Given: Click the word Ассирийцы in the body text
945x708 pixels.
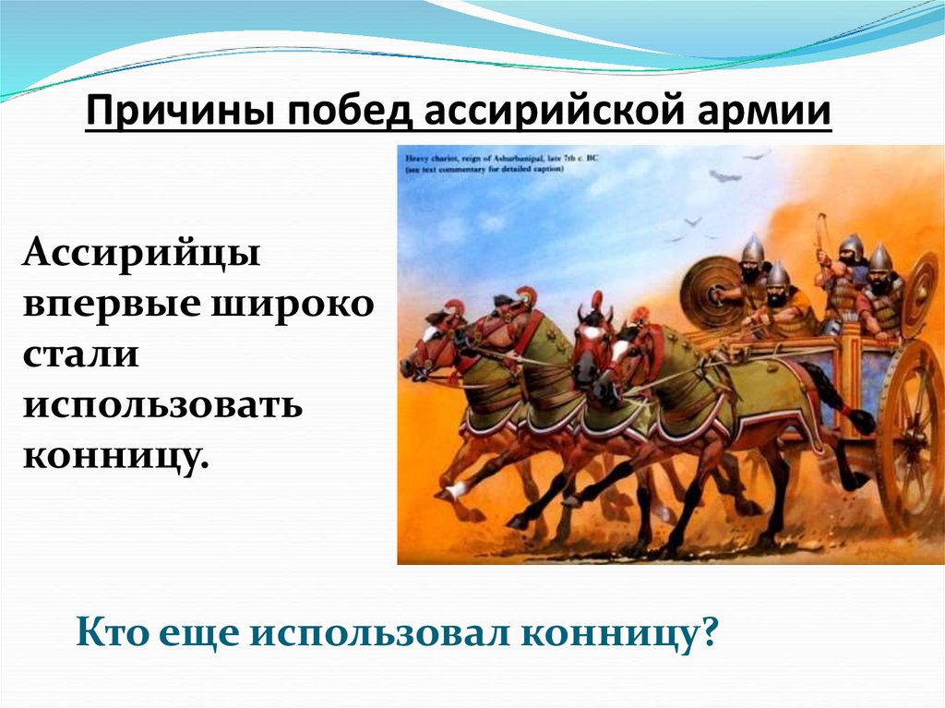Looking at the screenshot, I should (142, 252).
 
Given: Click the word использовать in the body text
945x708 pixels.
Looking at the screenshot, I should (162, 405).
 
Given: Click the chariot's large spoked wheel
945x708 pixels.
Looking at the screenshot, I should (909, 434).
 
